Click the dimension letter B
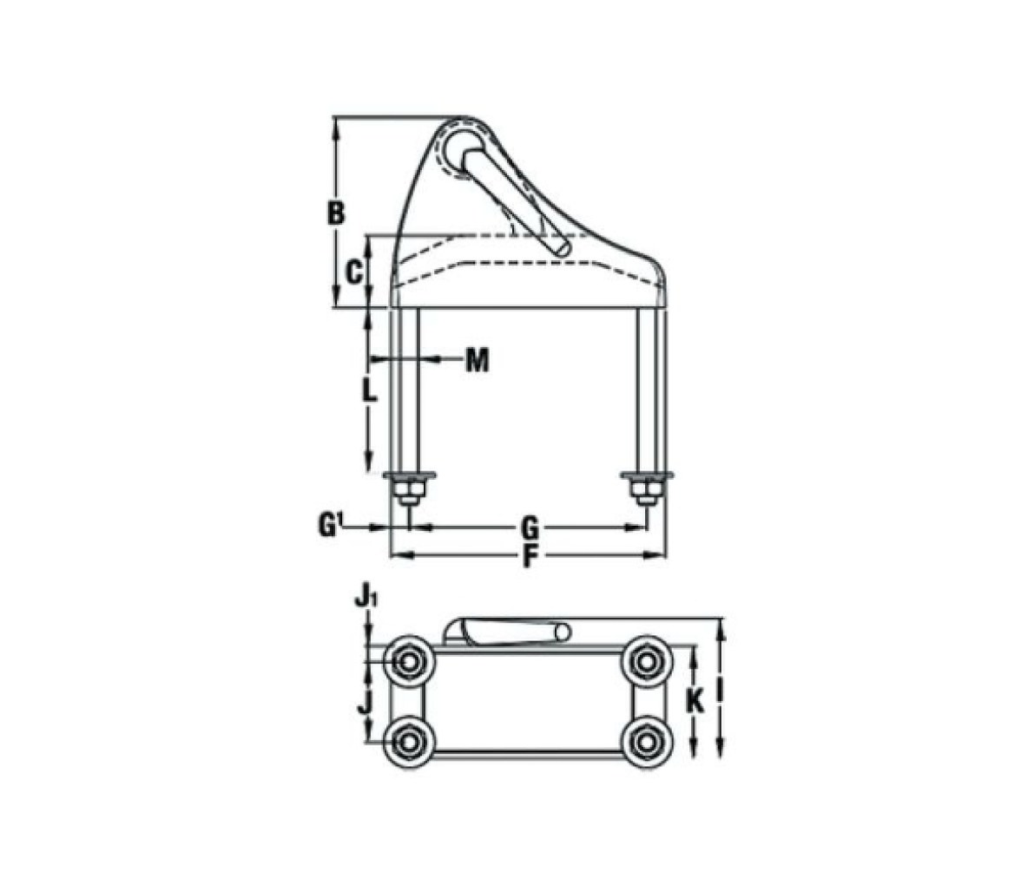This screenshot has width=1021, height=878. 335,213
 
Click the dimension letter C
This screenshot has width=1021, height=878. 353,272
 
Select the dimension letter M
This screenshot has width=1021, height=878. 478,359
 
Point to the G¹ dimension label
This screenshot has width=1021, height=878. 331,525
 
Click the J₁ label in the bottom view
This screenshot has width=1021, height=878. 366,595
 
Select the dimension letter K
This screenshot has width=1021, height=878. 696,702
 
